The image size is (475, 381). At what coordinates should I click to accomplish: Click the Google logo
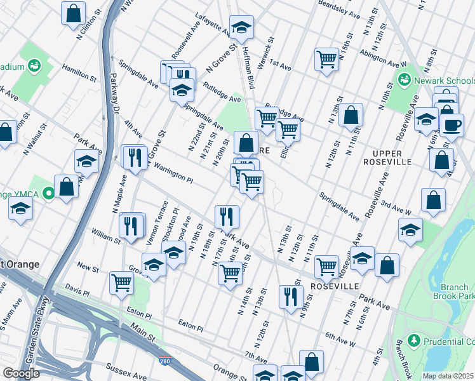[x=22, y=373]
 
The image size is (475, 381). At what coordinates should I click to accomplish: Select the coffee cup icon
[x=452, y=124]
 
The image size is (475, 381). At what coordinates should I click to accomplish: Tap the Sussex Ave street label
[x=123, y=366]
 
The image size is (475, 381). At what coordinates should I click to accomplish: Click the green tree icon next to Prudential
[x=415, y=341]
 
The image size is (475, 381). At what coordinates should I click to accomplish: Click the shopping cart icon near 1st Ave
[x=326, y=60]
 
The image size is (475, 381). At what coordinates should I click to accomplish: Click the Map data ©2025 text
[x=448, y=375]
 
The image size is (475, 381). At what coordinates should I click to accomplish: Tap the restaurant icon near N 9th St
[x=291, y=297]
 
